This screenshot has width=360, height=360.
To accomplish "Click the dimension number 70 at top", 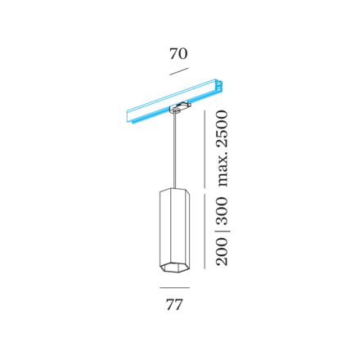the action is (x=178, y=54).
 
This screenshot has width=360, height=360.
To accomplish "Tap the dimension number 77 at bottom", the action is (x=174, y=305).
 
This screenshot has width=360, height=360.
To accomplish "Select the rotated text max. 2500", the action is (x=222, y=149).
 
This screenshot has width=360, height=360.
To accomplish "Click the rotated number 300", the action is (x=222, y=211).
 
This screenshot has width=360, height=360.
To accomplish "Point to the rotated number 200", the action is (x=222, y=251).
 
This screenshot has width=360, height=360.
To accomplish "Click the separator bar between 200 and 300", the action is (x=222, y=232).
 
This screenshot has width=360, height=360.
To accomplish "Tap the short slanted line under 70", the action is (x=179, y=71).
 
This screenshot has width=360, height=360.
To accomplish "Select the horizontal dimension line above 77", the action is (x=174, y=288).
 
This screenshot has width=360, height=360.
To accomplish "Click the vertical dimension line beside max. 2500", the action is (x=205, y=149).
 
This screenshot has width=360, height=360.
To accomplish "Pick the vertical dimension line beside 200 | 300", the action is (x=205, y=232).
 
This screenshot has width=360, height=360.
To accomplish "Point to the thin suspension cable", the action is (x=174, y=151).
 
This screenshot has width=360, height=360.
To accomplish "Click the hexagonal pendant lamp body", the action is (x=174, y=230).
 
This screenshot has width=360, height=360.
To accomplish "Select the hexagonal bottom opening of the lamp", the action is (x=174, y=268).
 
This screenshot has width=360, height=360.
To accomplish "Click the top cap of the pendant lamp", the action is (x=174, y=190).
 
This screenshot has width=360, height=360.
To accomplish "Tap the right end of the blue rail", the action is (x=219, y=85).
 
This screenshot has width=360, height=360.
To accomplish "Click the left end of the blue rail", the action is (x=128, y=119).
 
